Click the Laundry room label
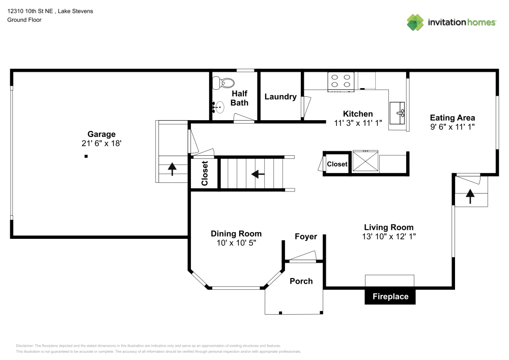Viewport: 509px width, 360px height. (x=280, y=97)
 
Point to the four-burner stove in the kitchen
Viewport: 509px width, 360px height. (x=341, y=81)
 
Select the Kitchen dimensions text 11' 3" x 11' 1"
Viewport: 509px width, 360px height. (x=358, y=123)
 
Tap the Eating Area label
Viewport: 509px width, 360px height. (x=453, y=118)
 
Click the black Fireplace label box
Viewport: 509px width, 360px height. (x=390, y=296)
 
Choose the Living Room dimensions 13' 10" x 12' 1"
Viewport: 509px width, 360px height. (x=388, y=236)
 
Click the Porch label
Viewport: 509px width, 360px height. (x=301, y=281)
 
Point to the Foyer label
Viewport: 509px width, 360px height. (x=306, y=237)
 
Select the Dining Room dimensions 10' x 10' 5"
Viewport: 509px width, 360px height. (x=236, y=243)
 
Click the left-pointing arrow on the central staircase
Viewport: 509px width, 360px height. (x=258, y=174)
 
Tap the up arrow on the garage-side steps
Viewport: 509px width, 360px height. (x=173, y=169)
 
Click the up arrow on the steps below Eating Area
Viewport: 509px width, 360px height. (x=469, y=196)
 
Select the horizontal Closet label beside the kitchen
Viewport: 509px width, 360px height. (x=337, y=164)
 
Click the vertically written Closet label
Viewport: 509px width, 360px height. (x=205, y=174)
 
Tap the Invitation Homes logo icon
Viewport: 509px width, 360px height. (x=415, y=22)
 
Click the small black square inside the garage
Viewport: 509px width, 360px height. (x=86, y=156)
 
